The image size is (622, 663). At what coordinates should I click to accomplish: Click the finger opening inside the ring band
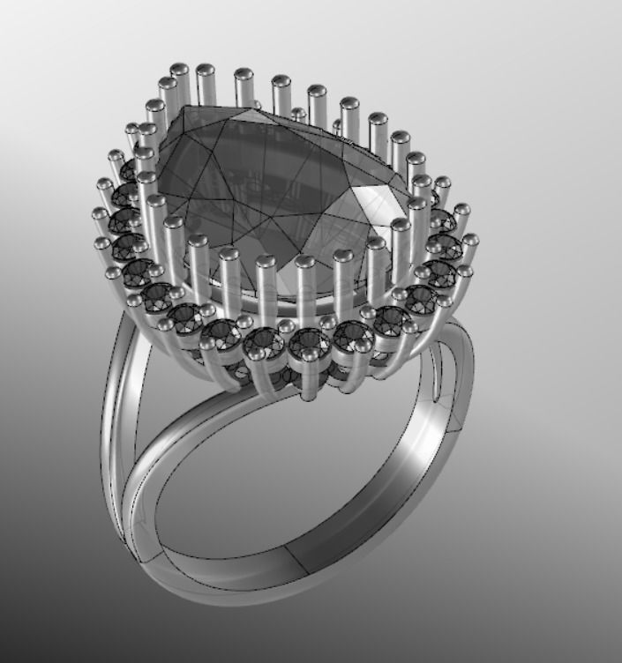pyautogui.click(x=291, y=476)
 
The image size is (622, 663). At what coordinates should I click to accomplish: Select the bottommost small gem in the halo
pyautogui.click(x=309, y=341)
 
